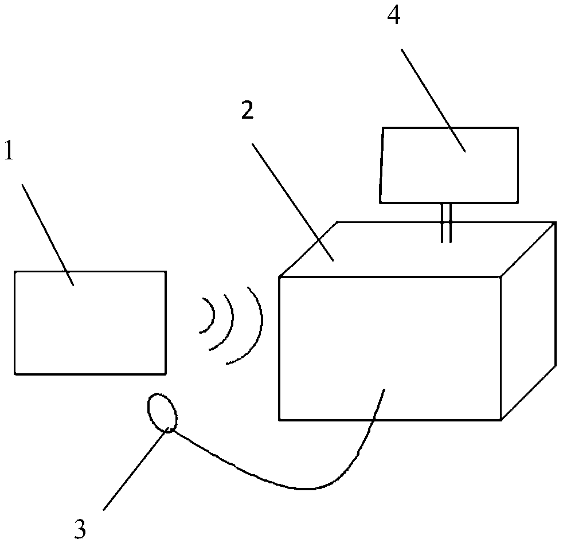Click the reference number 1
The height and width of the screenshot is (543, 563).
tap(10, 153)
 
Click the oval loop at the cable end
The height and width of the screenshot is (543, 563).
tap(162, 412)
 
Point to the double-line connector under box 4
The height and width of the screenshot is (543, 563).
tap(446, 222)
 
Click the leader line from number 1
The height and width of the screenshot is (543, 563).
tap(47, 232)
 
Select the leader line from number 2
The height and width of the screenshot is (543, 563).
tap(292, 201)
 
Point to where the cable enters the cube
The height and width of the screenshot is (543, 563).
tap(383, 390)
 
